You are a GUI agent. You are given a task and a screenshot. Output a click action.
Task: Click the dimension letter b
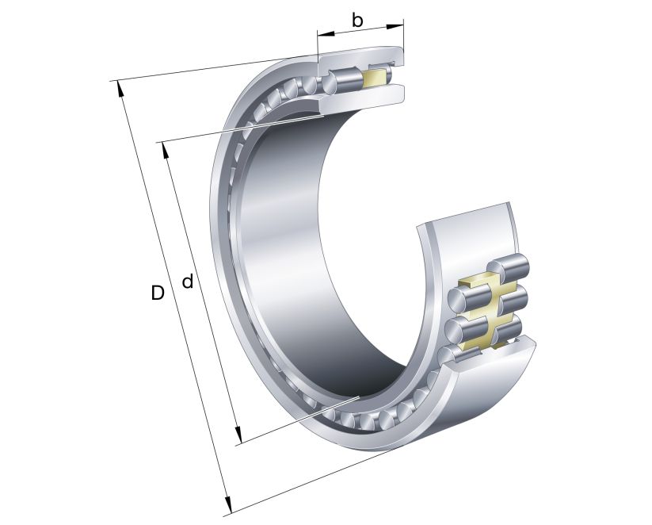(357, 20)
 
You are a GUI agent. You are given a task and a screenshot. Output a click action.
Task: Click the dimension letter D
(158, 293)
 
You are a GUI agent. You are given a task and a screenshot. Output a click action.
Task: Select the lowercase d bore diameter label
(188, 281)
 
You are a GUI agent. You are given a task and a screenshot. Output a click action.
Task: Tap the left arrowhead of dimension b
(322, 35)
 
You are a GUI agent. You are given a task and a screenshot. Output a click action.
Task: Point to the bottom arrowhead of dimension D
(227, 505)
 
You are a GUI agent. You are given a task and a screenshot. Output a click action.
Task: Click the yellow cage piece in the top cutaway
(372, 76)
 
